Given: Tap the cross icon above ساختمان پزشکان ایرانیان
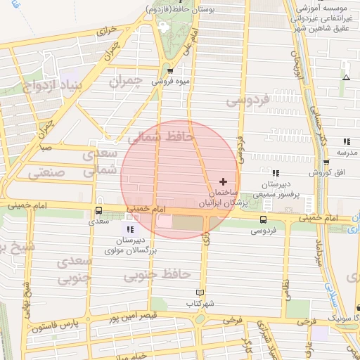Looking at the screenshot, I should pyautogui.click(x=224, y=181).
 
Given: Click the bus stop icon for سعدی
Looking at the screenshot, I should pyautogui.click(x=98, y=210).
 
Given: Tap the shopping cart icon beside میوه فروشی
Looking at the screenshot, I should pyautogui.click(x=171, y=70).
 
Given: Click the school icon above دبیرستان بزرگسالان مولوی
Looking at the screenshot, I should pyautogui.click(x=130, y=229).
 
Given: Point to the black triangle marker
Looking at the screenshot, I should pyautogui.click(x=345, y=77).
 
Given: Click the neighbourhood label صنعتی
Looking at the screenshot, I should pyautogui.click(x=46, y=172).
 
